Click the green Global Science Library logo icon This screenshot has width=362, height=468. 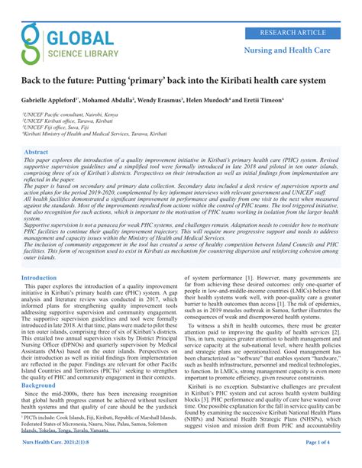(31, 42)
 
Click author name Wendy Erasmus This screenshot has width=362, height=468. (183, 100)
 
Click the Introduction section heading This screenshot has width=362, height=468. (39, 279)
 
